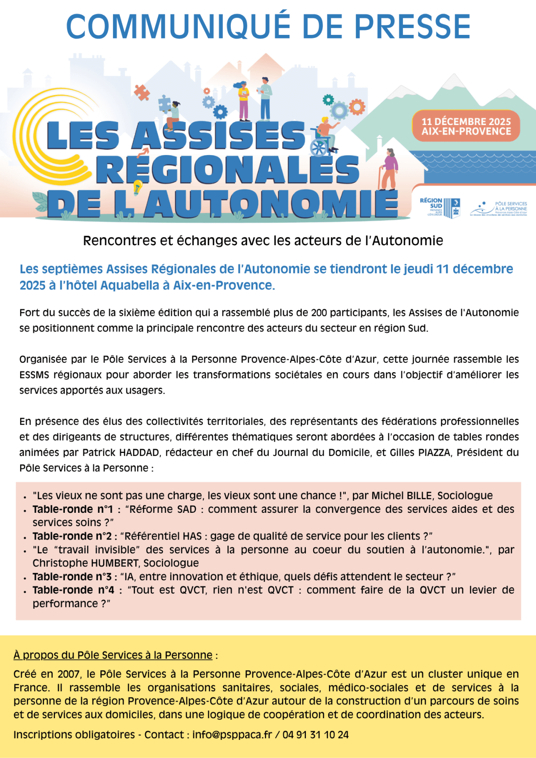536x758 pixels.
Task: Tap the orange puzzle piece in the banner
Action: tap(142, 92)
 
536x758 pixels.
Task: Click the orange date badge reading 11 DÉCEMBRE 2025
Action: tap(466, 126)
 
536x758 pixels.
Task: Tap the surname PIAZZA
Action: tap(434, 452)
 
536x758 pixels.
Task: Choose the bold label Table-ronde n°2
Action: tap(72, 536)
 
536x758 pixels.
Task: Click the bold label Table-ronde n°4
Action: tap(73, 590)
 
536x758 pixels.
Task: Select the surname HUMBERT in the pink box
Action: tap(115, 563)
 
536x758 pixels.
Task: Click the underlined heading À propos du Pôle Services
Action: tap(113, 655)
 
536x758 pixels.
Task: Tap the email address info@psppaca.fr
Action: tap(232, 735)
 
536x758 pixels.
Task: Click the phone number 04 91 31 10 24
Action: tap(315, 735)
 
